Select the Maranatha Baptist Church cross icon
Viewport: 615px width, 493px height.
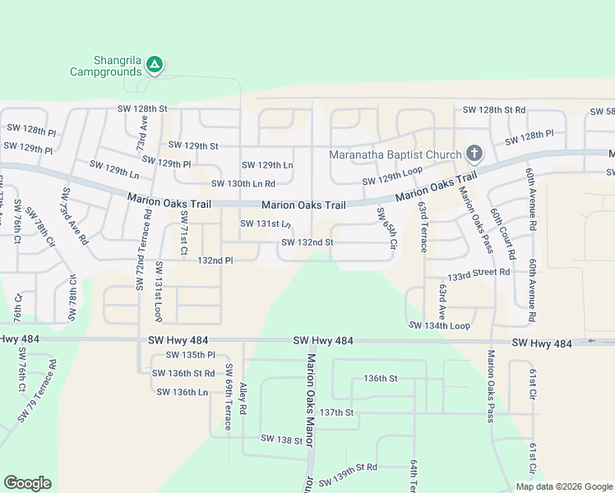(474, 153)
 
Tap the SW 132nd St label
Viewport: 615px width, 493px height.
(307, 242)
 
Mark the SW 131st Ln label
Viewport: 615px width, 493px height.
(265, 223)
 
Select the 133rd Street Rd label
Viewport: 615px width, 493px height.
(479, 271)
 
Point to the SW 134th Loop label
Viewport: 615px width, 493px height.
(439, 325)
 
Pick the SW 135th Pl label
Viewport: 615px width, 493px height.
(190, 355)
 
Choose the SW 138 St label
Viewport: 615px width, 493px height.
(282, 440)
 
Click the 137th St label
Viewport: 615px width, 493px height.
(336, 412)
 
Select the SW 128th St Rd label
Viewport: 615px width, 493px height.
(493, 109)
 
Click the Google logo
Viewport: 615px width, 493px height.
(27, 483)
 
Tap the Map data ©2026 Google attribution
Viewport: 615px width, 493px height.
(563, 486)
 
